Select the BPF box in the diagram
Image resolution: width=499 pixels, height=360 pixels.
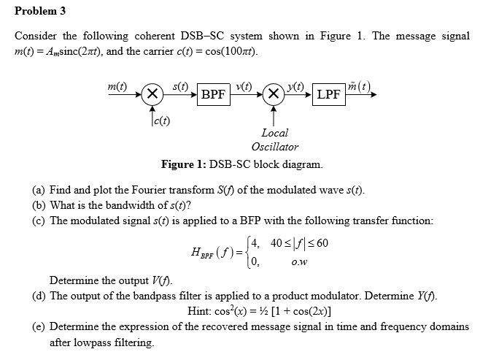pos(213,94)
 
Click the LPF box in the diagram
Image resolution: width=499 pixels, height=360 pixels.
pos(328,94)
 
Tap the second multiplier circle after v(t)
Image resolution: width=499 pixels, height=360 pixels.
pos(274,94)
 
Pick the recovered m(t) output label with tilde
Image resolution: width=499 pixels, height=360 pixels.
pos(360,85)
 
